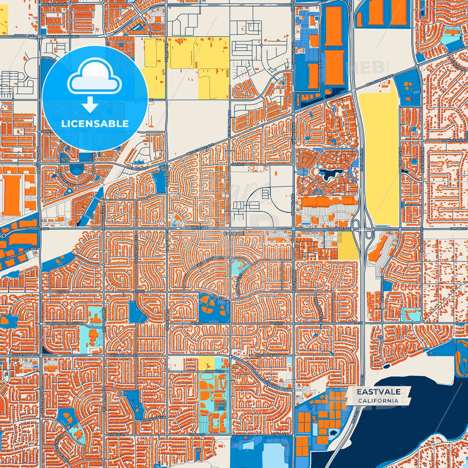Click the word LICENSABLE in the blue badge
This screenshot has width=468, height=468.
[95, 124]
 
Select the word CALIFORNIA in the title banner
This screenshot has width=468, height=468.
[378, 401]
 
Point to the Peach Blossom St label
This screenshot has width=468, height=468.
[209, 262]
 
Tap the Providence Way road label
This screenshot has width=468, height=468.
[24, 253]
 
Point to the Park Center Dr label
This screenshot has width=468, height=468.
[454, 141]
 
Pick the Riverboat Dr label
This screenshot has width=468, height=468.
[267, 355]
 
